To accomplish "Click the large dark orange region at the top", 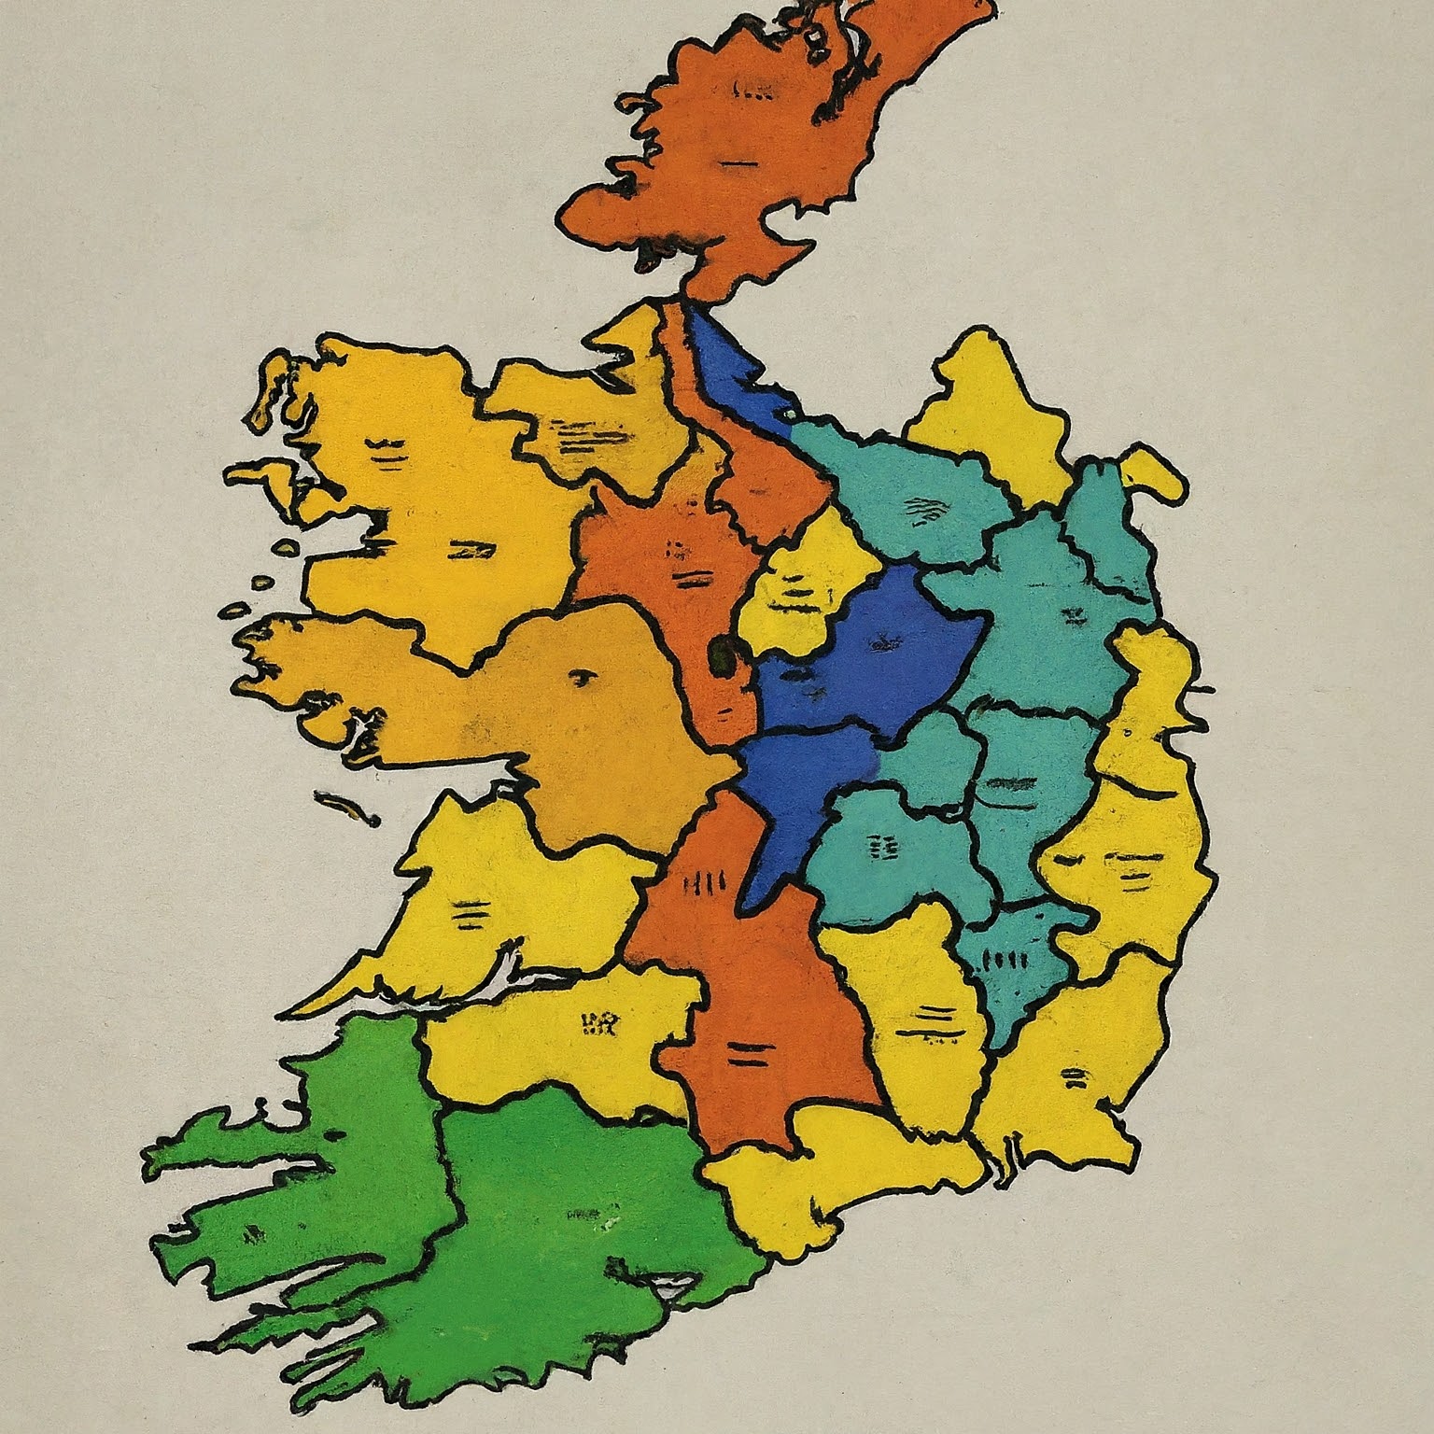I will pos(747,159).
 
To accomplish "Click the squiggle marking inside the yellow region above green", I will pos(597,1027).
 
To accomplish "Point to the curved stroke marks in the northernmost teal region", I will pos(920,509).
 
